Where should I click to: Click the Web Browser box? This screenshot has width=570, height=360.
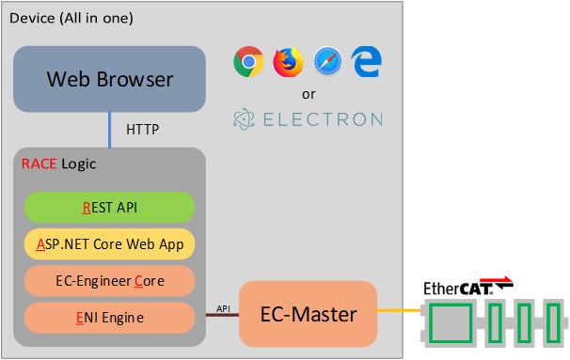point(110,79)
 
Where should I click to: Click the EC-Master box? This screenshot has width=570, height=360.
point(308,314)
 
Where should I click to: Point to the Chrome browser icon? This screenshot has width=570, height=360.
point(247,62)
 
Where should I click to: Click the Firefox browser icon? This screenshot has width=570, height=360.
point(287,62)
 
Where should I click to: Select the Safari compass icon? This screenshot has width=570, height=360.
point(327,62)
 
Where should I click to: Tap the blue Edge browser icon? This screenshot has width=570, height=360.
point(366,62)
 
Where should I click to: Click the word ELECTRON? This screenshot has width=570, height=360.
point(321,119)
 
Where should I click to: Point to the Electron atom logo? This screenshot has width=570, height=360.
point(245,119)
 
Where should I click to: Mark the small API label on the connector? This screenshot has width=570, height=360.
point(223,307)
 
